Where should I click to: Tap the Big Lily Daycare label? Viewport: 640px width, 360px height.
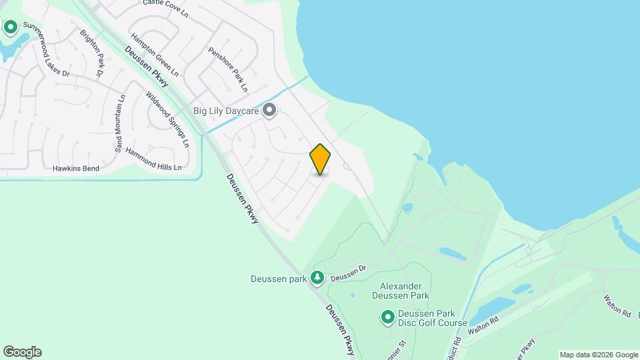click(226, 111)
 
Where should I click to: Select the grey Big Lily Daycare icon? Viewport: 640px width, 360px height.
click(269, 110)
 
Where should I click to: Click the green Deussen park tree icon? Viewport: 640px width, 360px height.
click(319, 277)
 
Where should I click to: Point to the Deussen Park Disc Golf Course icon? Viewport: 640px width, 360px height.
click(387, 317)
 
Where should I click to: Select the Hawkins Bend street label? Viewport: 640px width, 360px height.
click(76, 169)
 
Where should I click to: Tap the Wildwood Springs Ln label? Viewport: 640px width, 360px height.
click(167, 119)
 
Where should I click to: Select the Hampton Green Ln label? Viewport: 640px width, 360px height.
click(155, 54)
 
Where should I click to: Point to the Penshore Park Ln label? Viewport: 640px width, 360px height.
click(228, 69)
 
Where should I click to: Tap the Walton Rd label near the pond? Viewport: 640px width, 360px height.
click(483, 325)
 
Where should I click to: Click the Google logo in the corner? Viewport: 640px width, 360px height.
click(22, 352)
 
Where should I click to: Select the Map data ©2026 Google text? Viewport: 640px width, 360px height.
click(599, 355)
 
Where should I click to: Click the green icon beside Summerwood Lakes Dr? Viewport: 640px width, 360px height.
click(11, 27)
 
